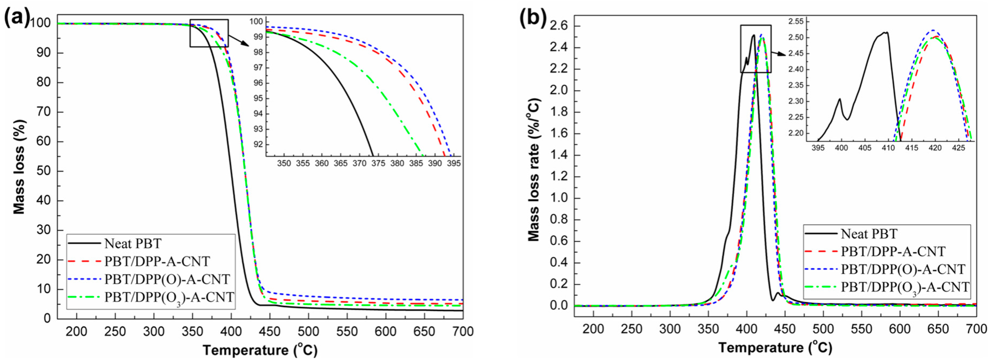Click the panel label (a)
(16, 19)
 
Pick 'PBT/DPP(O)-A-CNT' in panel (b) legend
(903, 269)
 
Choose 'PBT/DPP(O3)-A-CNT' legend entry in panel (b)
(905, 287)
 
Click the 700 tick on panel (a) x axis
(463, 331)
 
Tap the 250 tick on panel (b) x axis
(632, 329)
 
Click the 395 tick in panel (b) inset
(818, 148)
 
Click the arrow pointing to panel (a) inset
(239, 40)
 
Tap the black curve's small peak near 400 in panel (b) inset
(840, 99)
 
